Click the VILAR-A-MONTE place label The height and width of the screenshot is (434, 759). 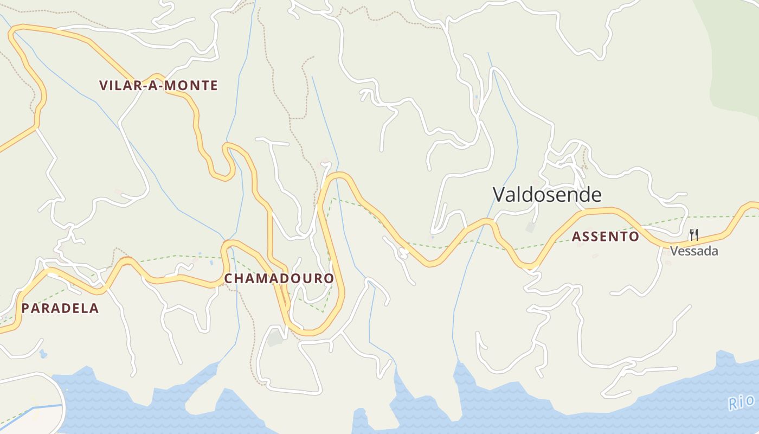[158, 85]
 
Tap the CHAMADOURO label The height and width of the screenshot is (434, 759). [279, 278]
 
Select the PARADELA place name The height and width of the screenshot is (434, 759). [60, 308]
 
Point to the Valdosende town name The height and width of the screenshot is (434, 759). [547, 194]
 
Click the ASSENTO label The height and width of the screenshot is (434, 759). [606, 237]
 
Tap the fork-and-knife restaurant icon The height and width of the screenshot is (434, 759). [693, 234]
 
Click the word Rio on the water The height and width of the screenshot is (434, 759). [741, 402]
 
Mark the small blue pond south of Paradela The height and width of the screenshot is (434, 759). [43, 354]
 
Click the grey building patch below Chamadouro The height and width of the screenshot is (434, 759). [275, 338]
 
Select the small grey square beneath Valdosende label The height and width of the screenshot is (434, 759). [530, 227]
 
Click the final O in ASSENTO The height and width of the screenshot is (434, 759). [634, 237]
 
